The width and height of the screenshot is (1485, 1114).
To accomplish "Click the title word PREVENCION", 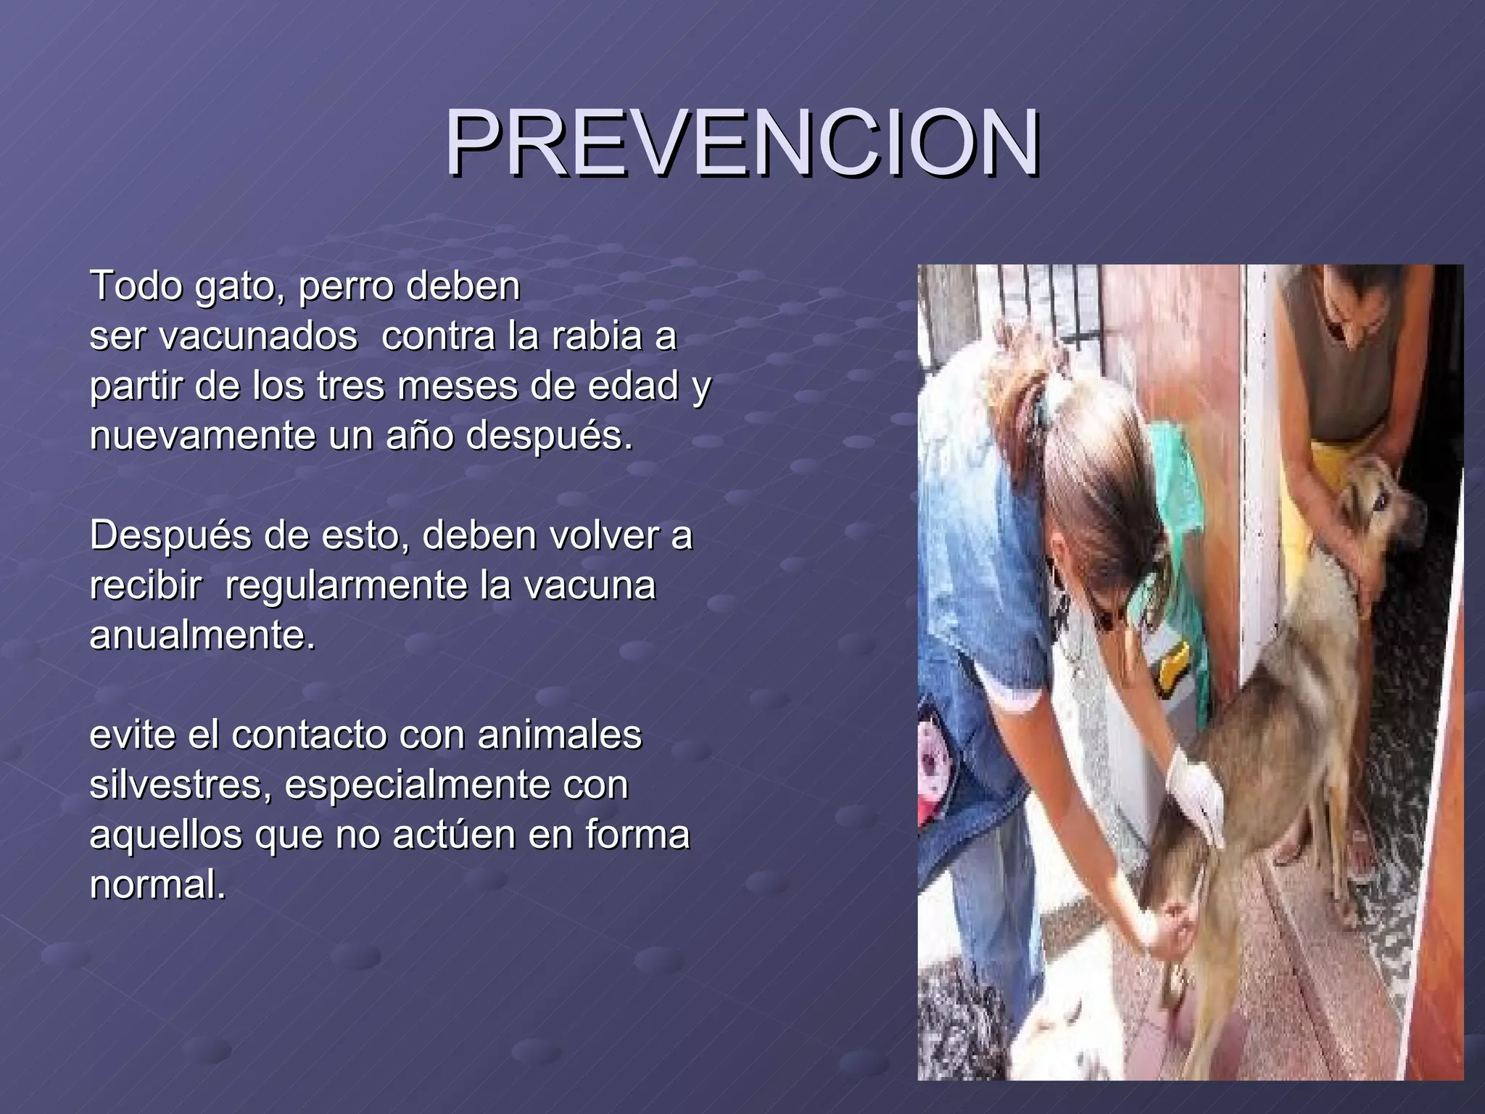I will coord(742,143).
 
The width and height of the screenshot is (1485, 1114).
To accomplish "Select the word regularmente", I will coord(346,585).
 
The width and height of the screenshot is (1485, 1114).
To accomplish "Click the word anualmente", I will coord(202,635).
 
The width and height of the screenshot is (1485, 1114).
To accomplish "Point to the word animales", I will coord(559,735).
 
